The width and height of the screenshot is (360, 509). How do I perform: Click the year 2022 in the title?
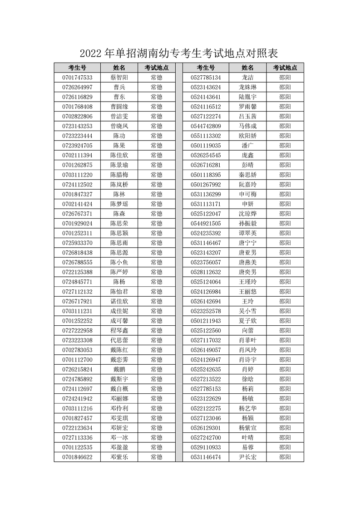[92, 54]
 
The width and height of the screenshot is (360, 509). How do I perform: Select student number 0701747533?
[77, 77]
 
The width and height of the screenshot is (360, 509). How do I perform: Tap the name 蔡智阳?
[119, 77]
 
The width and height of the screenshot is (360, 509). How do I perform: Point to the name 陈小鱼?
[119, 262]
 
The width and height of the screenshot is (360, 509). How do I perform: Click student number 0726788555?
[77, 262]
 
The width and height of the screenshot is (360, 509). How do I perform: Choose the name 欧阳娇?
[247, 136]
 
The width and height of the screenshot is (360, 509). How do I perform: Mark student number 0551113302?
[206, 136]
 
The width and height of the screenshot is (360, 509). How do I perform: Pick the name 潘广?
[247, 146]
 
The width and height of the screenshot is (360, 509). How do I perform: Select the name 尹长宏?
[247, 457]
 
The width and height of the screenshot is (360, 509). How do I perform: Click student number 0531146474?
[206, 457]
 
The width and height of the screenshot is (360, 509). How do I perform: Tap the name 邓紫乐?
[119, 457]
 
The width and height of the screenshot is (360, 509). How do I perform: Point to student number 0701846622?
[77, 457]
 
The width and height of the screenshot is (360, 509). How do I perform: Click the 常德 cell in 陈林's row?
[156, 194]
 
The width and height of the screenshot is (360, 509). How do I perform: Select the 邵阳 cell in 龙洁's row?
[285, 77]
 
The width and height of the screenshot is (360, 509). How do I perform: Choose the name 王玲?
[247, 301]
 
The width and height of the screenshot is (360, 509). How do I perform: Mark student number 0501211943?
[206, 321]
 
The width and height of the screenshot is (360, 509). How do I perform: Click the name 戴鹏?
[119, 369]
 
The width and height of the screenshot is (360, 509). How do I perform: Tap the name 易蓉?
[247, 447]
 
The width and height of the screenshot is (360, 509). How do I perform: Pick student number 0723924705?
[77, 146]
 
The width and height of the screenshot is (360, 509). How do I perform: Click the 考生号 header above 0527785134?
[206, 68]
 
